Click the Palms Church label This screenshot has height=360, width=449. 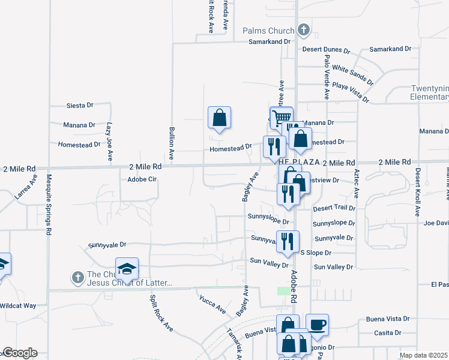point(268,31)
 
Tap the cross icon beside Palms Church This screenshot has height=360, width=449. point(304,29)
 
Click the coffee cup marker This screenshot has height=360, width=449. point(317,325)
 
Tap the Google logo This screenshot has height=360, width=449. point(19,353)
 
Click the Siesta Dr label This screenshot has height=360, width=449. point(79,105)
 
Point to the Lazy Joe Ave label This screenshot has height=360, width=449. point(110,142)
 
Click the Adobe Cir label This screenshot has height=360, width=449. point(142,179)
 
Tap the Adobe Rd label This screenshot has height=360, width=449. point(294,286)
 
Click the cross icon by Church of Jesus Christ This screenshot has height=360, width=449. point(77,277)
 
